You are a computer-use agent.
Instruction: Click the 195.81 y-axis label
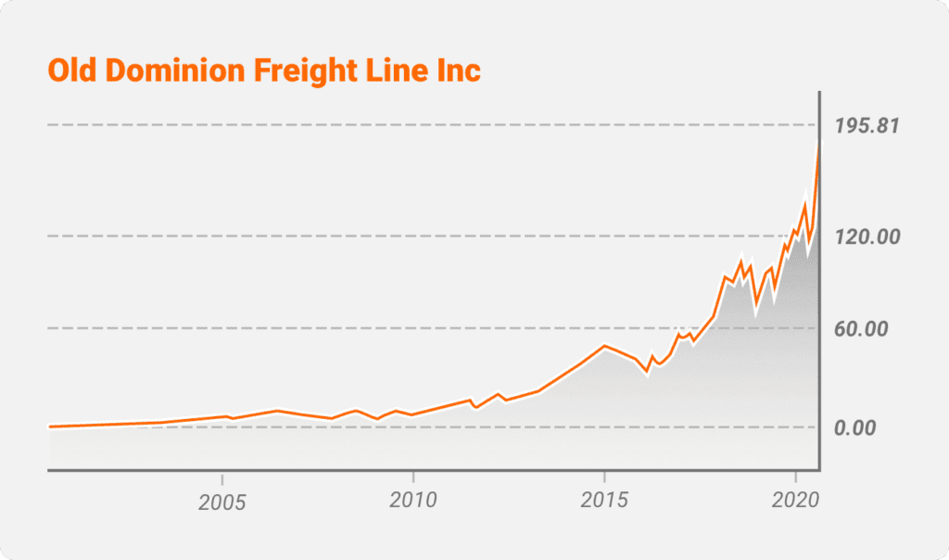pyautogui.click(x=867, y=126)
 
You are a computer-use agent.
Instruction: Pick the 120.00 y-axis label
pyautogui.click(x=867, y=236)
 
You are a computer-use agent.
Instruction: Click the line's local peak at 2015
pyautogui.click(x=604, y=346)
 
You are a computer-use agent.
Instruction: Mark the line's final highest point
pyautogui.click(x=818, y=144)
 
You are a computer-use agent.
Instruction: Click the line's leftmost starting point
pyautogui.click(x=49, y=426)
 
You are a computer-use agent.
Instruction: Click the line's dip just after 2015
pyautogui.click(x=647, y=371)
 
